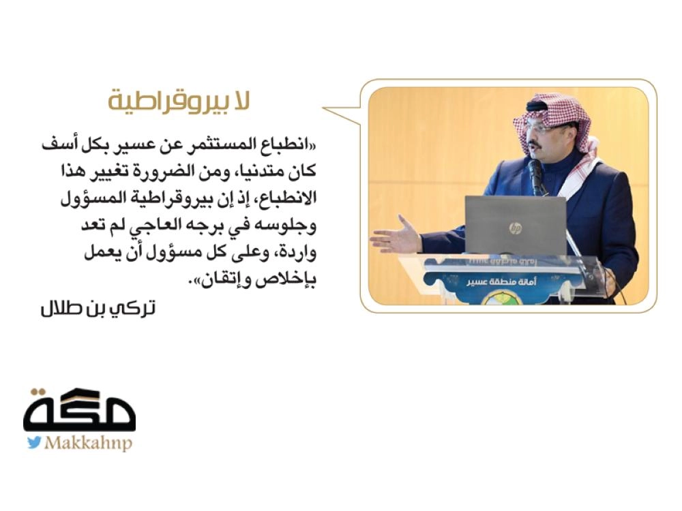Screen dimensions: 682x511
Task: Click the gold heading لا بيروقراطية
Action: click(x=179, y=102)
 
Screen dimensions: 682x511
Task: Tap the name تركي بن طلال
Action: click(x=98, y=309)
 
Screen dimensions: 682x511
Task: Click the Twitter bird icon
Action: click(x=34, y=443)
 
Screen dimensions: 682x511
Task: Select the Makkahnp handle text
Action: click(x=88, y=444)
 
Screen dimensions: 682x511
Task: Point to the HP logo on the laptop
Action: click(x=516, y=228)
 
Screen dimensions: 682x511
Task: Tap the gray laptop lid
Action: click(x=516, y=225)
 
